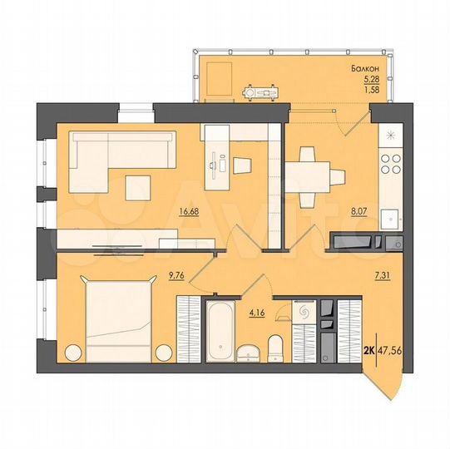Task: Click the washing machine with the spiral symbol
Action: click(302, 313)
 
